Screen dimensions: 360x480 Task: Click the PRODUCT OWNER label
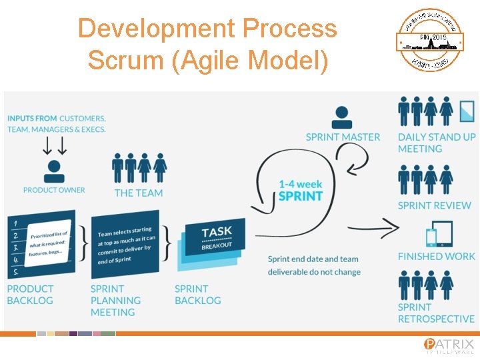coord(54,190)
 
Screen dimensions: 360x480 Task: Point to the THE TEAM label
coord(139,193)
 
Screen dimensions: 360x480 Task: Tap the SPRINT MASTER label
coord(343,137)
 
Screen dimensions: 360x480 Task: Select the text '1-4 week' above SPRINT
coord(300,183)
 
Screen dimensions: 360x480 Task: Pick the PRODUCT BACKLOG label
coord(30,295)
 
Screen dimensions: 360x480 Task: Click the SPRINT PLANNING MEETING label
coord(115,301)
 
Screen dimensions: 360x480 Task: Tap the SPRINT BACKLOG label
coord(197,295)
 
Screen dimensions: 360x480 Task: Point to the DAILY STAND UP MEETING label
coord(437,143)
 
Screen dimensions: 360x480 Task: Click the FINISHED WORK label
coord(436,256)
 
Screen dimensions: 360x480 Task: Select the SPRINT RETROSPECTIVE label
coord(436,313)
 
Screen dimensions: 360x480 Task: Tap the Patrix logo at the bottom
coord(449,345)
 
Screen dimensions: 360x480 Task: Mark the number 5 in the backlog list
coord(14,271)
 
